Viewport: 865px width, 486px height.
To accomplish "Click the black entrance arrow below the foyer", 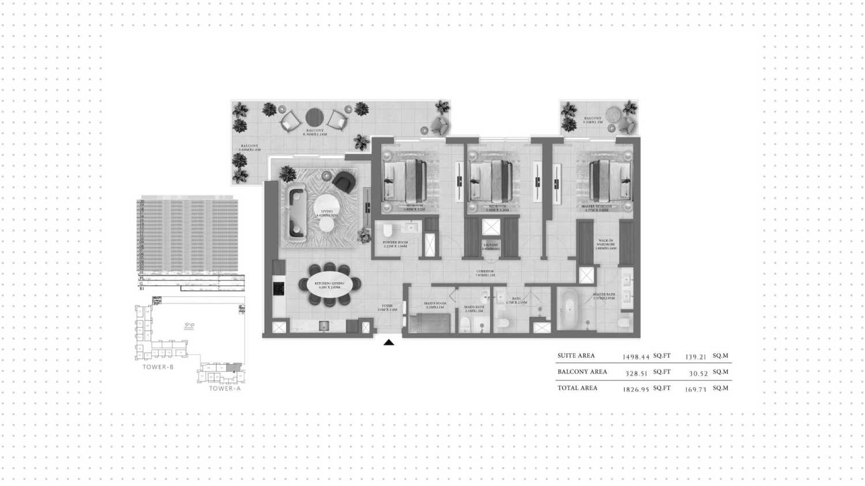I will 389,342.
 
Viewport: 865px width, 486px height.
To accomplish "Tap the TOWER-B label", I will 158,367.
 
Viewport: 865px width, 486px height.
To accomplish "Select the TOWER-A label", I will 224,388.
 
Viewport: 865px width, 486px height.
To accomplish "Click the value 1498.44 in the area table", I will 636,357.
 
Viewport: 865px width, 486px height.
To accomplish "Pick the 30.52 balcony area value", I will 698,373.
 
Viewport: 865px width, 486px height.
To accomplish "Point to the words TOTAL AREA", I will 577,388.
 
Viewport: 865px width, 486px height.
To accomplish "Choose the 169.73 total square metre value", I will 696,390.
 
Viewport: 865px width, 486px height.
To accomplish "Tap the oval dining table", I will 329,284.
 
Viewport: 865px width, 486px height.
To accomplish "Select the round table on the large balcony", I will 315,118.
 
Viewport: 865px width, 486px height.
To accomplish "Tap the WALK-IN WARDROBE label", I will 605,244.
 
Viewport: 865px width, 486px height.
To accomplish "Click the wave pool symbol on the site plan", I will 189,327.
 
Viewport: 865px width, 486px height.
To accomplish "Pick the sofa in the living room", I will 296,211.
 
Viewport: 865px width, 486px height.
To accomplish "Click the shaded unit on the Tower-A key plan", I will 233,368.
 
